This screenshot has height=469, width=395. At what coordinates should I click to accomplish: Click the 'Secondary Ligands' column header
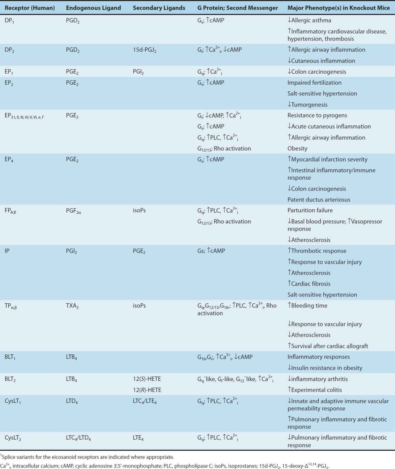[159, 8]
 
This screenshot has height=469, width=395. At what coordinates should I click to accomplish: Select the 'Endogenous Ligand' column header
[93, 8]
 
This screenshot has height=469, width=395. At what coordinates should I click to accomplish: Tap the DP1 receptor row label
[9, 21]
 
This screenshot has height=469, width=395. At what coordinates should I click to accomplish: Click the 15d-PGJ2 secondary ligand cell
[145, 50]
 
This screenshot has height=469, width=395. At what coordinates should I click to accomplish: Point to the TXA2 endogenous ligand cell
[72, 306]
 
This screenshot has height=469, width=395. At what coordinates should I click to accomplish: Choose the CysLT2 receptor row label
[13, 438]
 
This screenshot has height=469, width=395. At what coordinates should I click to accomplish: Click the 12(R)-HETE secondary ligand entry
[147, 390]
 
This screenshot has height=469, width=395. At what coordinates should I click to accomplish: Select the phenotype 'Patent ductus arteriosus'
[319, 200]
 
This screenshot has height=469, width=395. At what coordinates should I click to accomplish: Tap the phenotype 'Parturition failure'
[310, 210]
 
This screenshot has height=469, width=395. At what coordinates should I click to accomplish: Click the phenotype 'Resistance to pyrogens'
[317, 115]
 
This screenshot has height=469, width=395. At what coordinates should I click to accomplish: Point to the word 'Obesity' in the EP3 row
[297, 148]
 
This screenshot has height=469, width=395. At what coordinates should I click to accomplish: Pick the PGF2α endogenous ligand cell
[73, 211]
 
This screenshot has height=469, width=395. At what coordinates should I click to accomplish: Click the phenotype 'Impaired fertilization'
[314, 83]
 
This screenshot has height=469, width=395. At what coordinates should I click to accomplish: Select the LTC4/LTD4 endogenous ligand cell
[78, 438]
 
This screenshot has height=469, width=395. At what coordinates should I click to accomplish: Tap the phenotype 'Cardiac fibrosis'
[309, 284]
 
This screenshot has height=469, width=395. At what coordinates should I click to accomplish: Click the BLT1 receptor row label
[10, 357]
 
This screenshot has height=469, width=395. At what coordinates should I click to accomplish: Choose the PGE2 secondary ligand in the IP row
[139, 251]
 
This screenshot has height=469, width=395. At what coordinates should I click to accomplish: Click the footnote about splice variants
[87, 457]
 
